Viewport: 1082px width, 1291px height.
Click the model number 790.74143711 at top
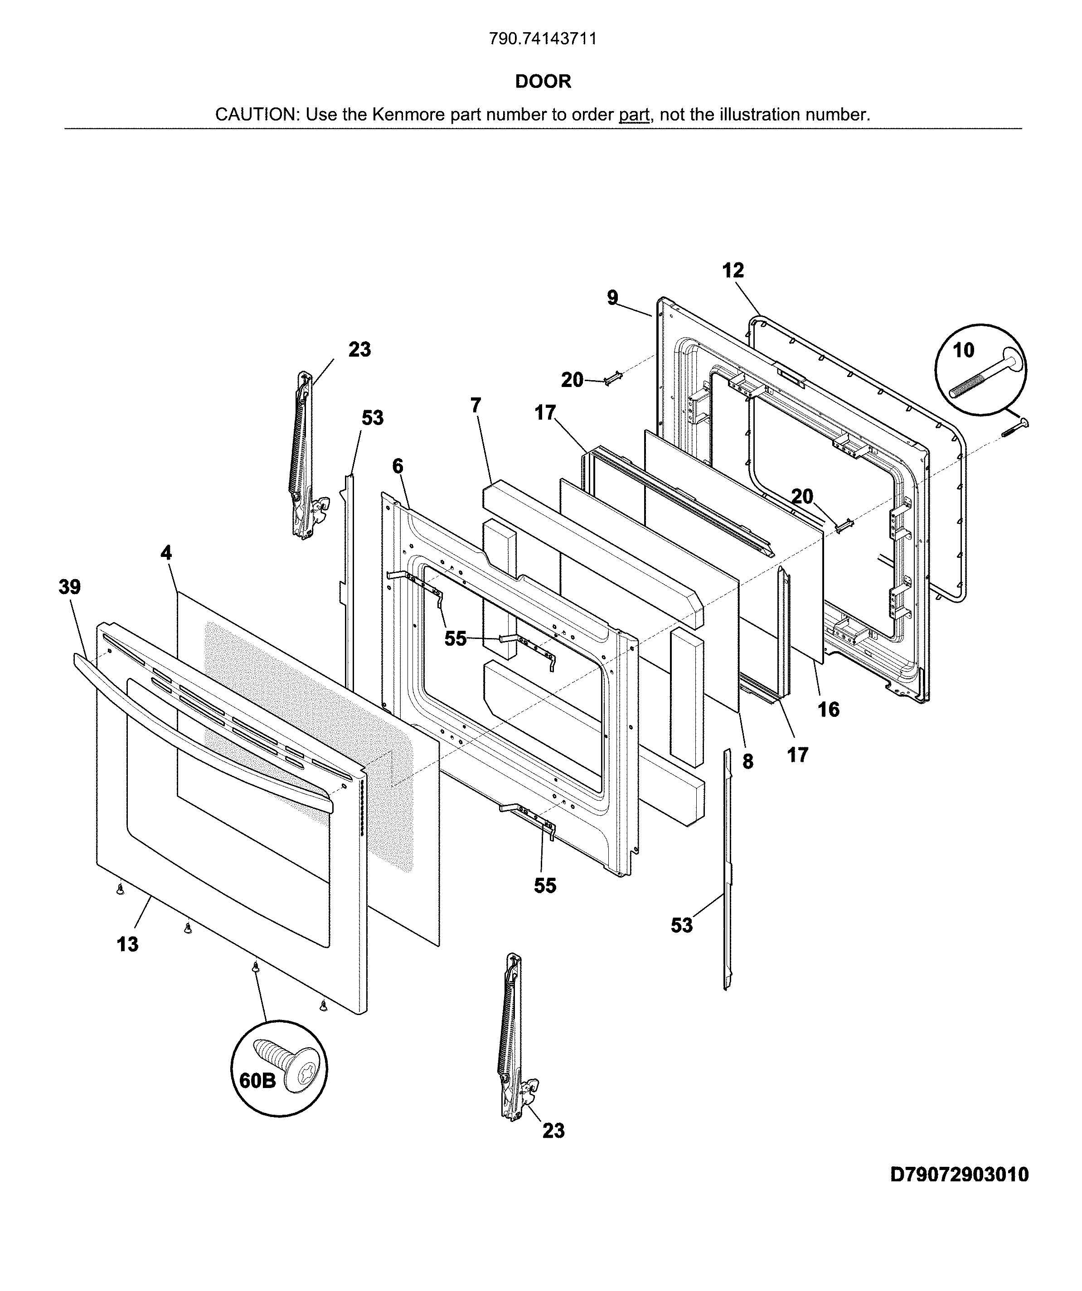pyautogui.click(x=543, y=39)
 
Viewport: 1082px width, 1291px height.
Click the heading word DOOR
pyautogui.click(x=543, y=81)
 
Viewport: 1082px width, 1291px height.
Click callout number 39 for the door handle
pyautogui.click(x=69, y=587)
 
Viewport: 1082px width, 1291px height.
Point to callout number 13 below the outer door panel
pyautogui.click(x=128, y=943)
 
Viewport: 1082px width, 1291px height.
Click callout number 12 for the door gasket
pyautogui.click(x=733, y=271)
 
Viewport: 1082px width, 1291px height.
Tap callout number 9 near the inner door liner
pyautogui.click(x=612, y=298)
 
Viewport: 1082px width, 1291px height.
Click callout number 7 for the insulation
pyautogui.click(x=475, y=406)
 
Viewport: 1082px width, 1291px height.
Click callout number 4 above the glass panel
pyautogui.click(x=166, y=553)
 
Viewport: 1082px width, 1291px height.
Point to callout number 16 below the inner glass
pyautogui.click(x=829, y=710)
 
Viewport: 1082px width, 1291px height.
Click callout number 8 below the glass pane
pyautogui.click(x=747, y=762)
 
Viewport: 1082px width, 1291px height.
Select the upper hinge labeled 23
pyautogui.click(x=303, y=455)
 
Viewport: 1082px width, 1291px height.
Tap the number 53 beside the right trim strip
pyautogui.click(x=682, y=925)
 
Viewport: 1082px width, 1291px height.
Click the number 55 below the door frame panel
pyautogui.click(x=545, y=885)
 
